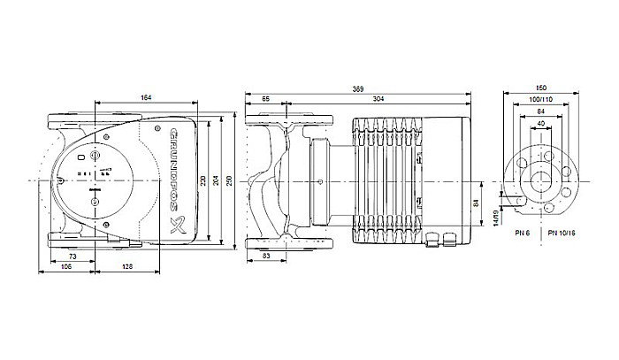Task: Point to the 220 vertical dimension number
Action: tap(203, 180)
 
